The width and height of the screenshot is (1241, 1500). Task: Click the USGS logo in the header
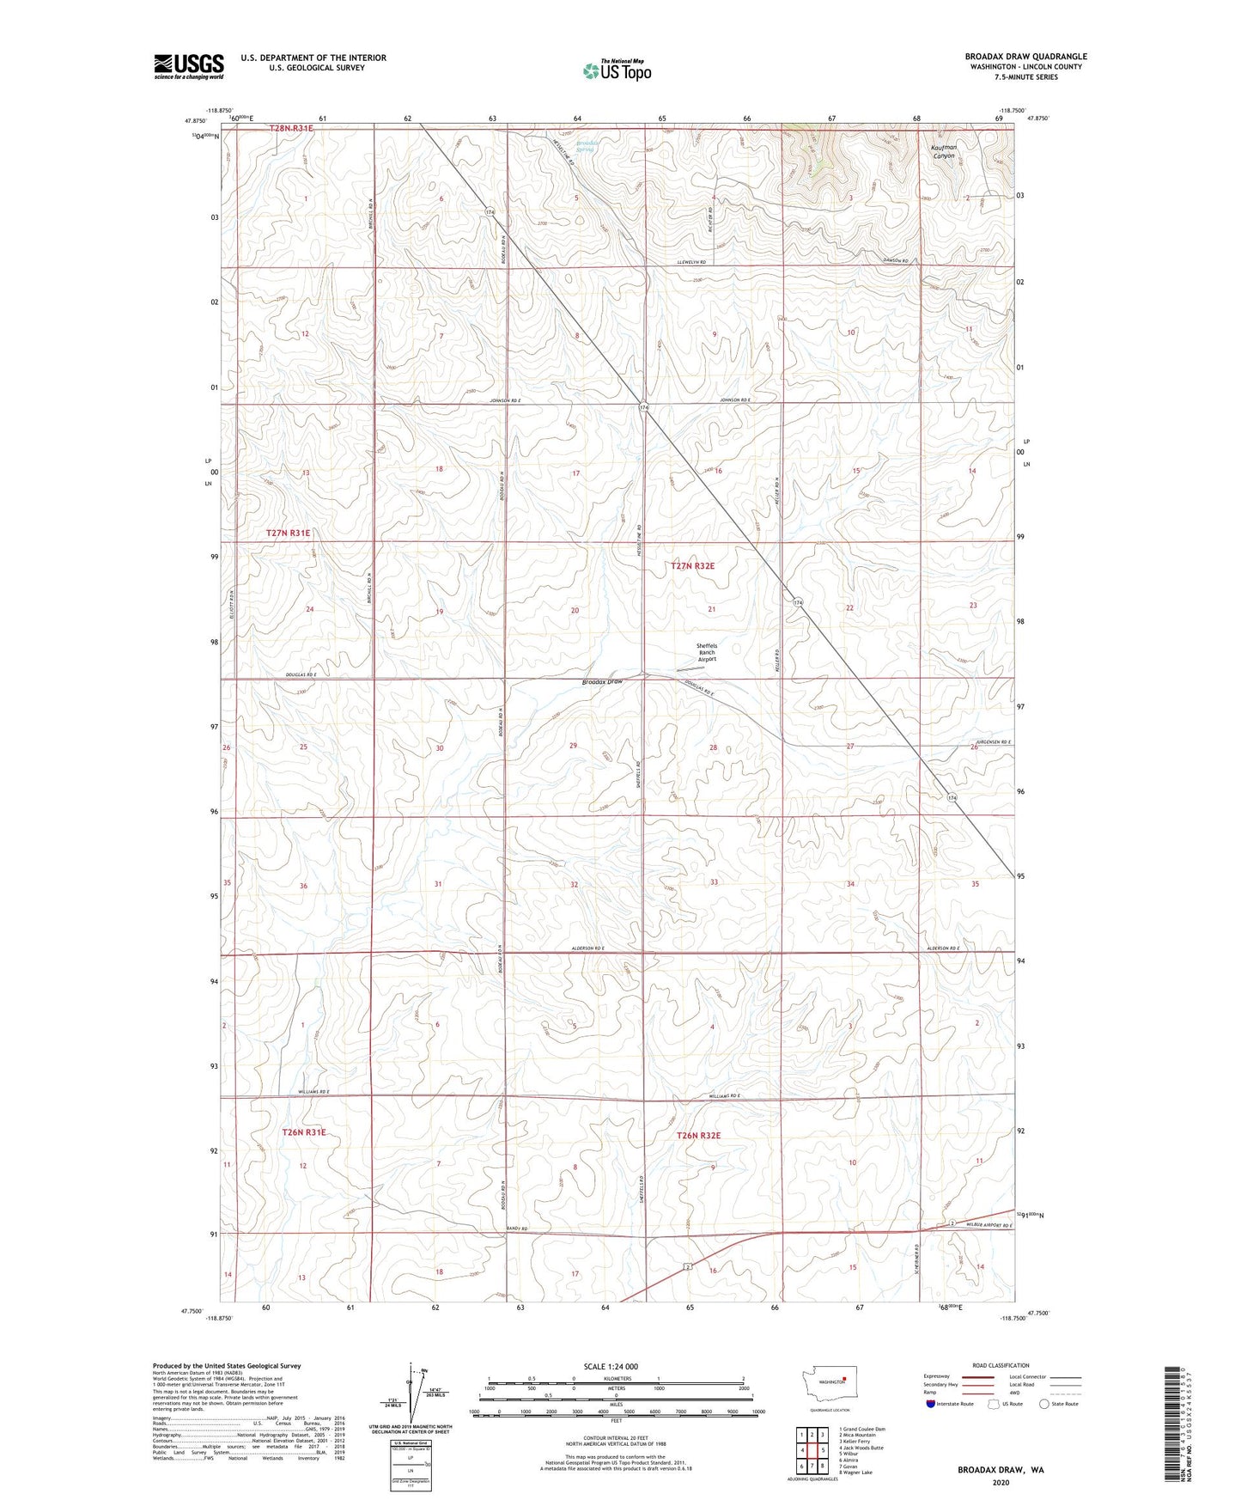point(188,66)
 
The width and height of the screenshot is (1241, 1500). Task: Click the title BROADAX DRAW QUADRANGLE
point(1025,57)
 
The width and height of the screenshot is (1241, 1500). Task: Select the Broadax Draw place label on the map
point(601,681)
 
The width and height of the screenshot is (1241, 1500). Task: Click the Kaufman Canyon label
point(944,151)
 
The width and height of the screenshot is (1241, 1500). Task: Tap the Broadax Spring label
point(586,146)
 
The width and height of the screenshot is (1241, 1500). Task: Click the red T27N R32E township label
point(692,566)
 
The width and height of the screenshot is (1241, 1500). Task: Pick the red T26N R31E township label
point(304,1132)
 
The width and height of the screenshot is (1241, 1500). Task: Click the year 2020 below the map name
point(1001,1482)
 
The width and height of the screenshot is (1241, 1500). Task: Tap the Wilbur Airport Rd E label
point(986,1224)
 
